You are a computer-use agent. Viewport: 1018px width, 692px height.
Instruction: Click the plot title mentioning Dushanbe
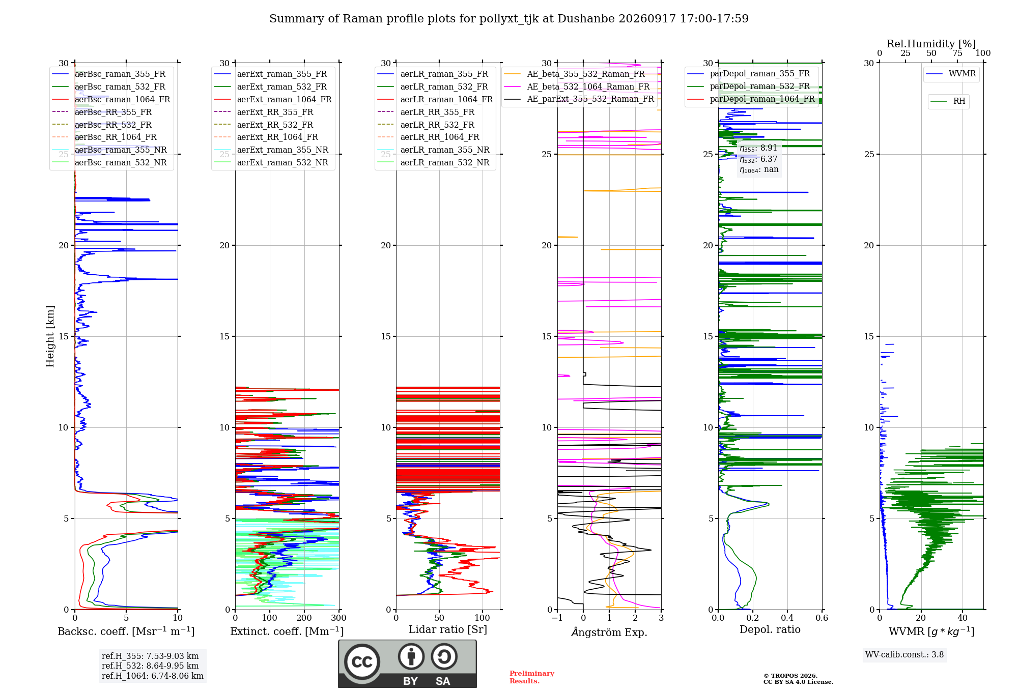pyautogui.click(x=509, y=19)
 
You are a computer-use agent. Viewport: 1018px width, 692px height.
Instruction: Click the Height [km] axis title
pyautogui.click(x=50, y=336)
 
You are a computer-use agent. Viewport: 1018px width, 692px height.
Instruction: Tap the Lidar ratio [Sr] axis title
pyautogui.click(x=448, y=629)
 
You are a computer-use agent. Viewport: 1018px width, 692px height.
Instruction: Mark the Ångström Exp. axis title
pyautogui.click(x=609, y=632)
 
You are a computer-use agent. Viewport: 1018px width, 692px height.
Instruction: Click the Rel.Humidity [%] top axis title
pyautogui.click(x=931, y=44)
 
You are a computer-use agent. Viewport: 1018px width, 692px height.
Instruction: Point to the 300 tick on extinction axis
pyautogui.click(x=339, y=618)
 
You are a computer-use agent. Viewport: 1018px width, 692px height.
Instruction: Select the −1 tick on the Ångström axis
pyautogui.click(x=557, y=618)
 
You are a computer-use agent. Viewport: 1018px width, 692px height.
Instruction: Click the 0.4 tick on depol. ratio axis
pyautogui.click(x=787, y=618)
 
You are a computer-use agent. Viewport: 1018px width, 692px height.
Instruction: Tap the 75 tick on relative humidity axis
pyautogui.click(x=957, y=53)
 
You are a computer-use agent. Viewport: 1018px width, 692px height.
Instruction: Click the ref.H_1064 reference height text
pyautogui.click(x=153, y=676)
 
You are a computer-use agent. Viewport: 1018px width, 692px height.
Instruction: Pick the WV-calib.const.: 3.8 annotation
pyautogui.click(x=904, y=654)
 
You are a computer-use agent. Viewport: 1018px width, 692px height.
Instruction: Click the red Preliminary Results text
pyautogui.click(x=532, y=677)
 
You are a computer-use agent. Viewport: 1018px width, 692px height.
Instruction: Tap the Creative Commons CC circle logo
pyautogui.click(x=362, y=661)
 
